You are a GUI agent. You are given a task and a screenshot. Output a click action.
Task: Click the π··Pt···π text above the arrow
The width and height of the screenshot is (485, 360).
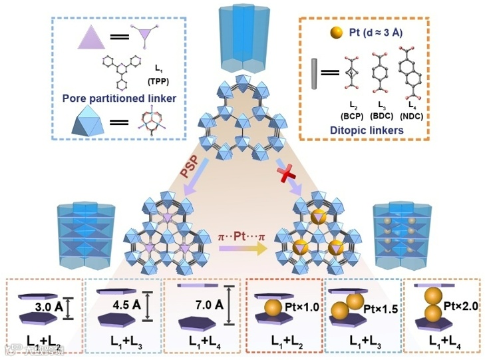[x=243, y=236]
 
